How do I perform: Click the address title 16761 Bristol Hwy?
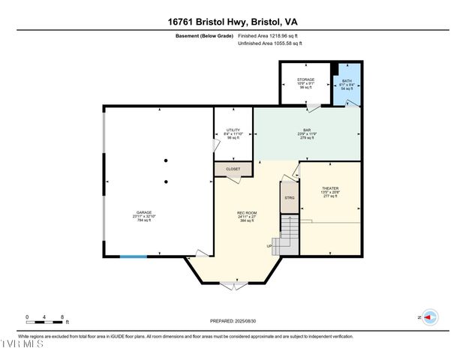click(x=233, y=22)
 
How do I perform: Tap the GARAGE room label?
click(x=143, y=212)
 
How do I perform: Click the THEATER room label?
click(x=330, y=188)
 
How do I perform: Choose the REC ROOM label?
click(x=247, y=212)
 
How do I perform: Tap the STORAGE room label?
click(x=305, y=79)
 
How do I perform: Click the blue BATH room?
click(x=347, y=84)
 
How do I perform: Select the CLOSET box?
click(x=233, y=169)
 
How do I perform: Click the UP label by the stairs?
click(x=269, y=246)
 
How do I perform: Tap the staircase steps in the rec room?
click(x=288, y=235)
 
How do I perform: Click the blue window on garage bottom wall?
click(x=134, y=257)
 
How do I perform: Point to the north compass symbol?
click(x=429, y=317)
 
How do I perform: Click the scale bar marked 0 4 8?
click(x=46, y=319)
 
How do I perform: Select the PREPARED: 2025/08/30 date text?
click(x=233, y=321)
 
